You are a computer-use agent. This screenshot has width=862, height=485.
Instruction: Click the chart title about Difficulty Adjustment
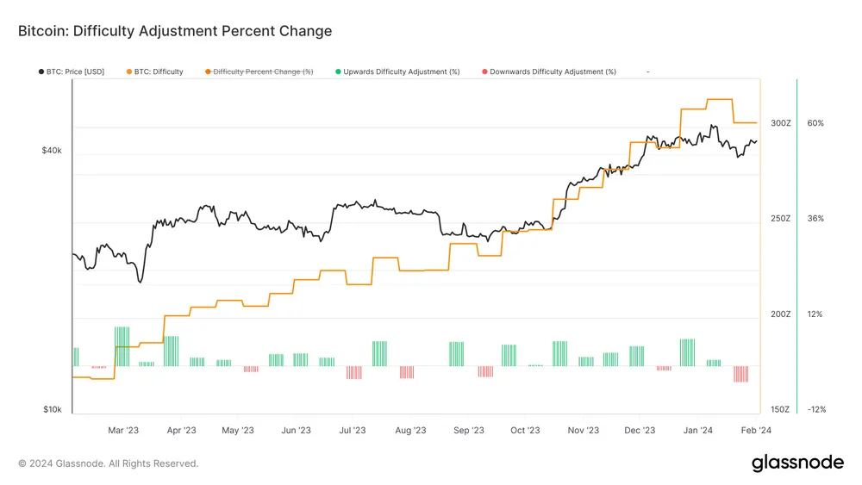[x=175, y=31]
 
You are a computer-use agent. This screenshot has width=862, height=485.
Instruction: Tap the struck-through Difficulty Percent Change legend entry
[x=262, y=72]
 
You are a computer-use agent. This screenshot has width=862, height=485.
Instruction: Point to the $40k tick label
[x=52, y=151]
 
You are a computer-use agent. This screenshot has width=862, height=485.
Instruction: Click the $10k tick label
[x=52, y=409]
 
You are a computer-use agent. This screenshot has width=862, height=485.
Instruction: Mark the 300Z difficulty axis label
[x=780, y=123]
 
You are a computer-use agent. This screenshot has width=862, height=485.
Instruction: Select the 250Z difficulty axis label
[x=780, y=219]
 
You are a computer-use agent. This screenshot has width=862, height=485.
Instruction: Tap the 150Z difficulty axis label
[x=780, y=409]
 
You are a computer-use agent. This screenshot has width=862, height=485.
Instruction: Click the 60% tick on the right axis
[x=815, y=123]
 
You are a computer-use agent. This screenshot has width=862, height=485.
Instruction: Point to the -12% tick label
[x=815, y=409]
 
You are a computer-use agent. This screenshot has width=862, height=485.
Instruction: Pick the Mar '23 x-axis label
[x=123, y=430]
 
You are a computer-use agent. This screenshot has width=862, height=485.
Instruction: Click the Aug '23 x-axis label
[x=410, y=430]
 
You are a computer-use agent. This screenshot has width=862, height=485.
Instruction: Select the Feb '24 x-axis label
[x=755, y=430]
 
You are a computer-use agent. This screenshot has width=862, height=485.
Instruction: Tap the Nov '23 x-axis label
[x=583, y=430]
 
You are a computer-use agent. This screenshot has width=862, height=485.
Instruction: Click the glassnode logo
[x=797, y=463]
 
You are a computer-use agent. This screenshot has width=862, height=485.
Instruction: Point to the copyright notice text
[x=109, y=463]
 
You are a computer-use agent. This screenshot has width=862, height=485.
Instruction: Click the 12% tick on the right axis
[x=815, y=314]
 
